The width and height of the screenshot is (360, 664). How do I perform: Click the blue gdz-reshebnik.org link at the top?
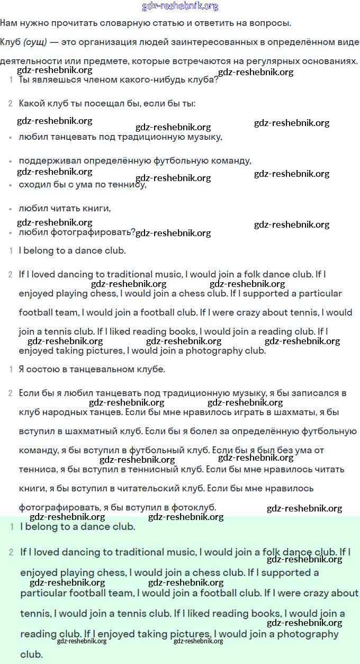[x=180, y=6]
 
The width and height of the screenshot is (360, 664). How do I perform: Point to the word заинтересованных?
[x=192, y=42]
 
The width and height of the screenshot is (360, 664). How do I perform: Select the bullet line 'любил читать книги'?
[x=65, y=208]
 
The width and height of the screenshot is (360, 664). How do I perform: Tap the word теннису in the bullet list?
[x=128, y=184]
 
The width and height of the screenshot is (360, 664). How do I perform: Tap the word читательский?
[x=156, y=488]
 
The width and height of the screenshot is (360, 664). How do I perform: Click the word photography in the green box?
[x=308, y=634]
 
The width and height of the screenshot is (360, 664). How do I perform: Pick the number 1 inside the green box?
[x=12, y=527]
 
